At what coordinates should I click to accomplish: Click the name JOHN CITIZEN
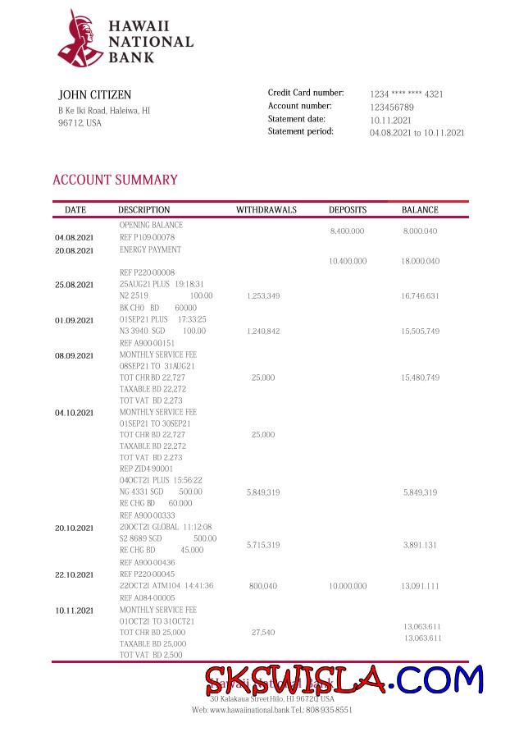94,95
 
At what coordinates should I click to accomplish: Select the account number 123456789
391,108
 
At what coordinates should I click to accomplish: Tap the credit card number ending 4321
406,94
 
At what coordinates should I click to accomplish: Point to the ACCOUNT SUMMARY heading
115,180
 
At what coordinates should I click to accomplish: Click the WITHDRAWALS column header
266,210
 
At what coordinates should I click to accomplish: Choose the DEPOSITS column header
348,210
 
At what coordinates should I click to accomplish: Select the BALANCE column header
420,210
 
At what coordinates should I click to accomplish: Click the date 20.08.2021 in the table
75,250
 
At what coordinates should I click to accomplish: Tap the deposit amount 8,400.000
347,232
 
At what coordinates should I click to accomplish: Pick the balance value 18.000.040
420,261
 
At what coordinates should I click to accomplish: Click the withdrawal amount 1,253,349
263,295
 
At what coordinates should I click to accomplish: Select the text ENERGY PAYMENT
150,249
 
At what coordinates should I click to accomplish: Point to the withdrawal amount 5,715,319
263,545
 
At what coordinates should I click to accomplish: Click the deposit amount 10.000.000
348,587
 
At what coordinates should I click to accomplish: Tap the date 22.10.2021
75,574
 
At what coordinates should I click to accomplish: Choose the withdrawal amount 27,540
263,633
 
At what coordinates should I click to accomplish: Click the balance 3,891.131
420,545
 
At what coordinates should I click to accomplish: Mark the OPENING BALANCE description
151,225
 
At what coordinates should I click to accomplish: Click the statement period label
300,131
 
